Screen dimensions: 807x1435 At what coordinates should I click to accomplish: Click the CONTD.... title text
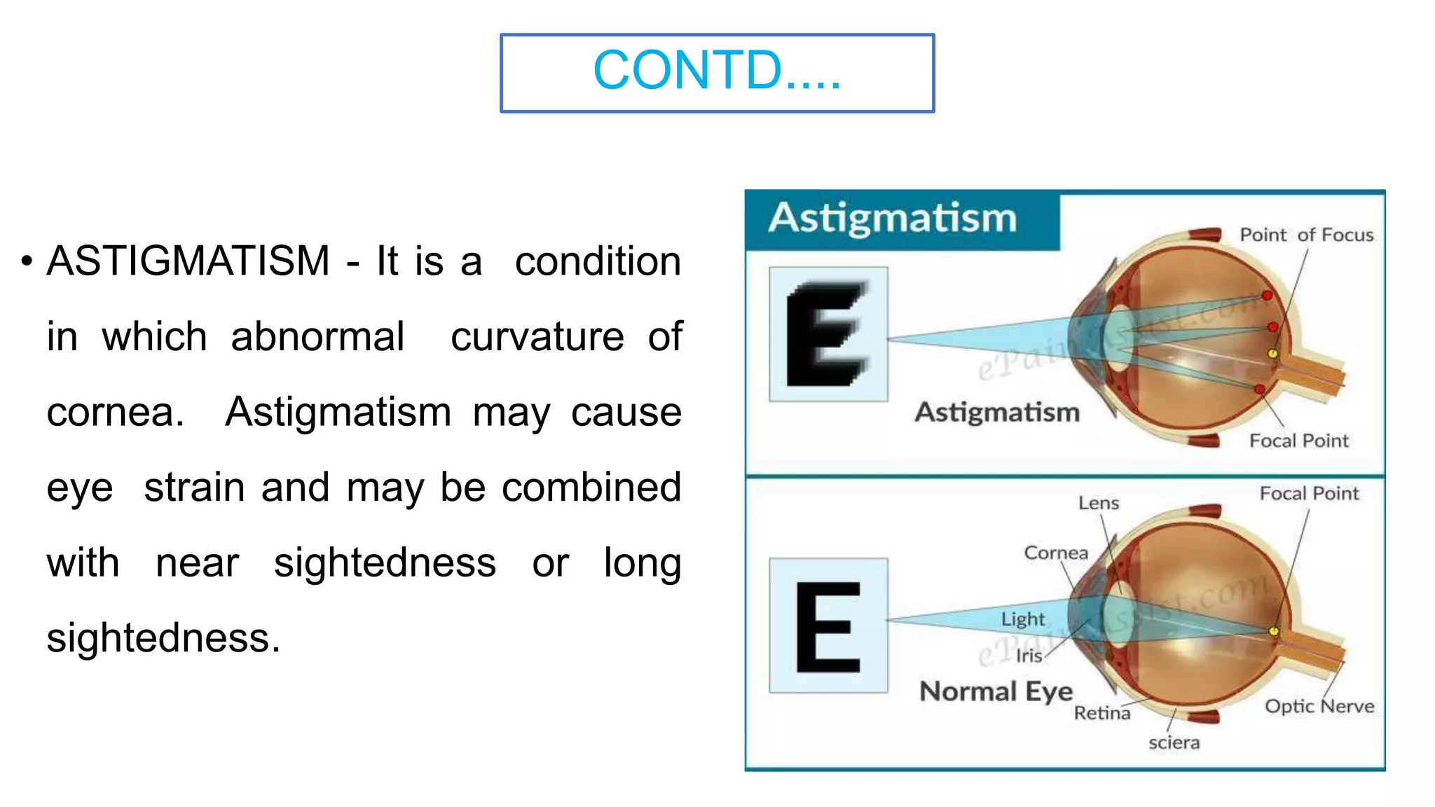pos(716,71)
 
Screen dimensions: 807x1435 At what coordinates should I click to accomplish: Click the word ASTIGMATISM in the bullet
pos(188,261)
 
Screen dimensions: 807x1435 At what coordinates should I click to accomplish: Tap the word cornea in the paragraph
pos(114,412)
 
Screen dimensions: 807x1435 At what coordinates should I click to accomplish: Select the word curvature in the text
pos(537,337)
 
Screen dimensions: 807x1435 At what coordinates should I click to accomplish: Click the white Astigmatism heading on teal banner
pos(892,218)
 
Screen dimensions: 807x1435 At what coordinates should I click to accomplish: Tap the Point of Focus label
pos(1306,235)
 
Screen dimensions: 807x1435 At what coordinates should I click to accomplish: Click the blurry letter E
pos(828,333)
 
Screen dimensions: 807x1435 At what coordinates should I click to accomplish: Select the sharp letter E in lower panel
pos(828,626)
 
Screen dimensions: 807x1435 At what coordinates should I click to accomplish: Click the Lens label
pos(1098,503)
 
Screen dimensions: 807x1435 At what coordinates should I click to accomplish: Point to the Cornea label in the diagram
pos(1056,553)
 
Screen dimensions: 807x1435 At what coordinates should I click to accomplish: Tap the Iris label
pos(1029,656)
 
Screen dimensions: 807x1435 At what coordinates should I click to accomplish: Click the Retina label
pos(1101,713)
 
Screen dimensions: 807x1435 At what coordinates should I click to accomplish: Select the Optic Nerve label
pos(1319,706)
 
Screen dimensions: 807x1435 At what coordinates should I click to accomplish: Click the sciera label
pos(1174,743)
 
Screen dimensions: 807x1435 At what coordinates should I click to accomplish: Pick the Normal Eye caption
pos(996,691)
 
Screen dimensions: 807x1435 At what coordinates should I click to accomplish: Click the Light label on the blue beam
pos(1022,619)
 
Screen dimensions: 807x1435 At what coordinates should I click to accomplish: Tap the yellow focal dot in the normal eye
pos(1274,631)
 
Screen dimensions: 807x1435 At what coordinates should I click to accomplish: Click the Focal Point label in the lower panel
pos(1309,494)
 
